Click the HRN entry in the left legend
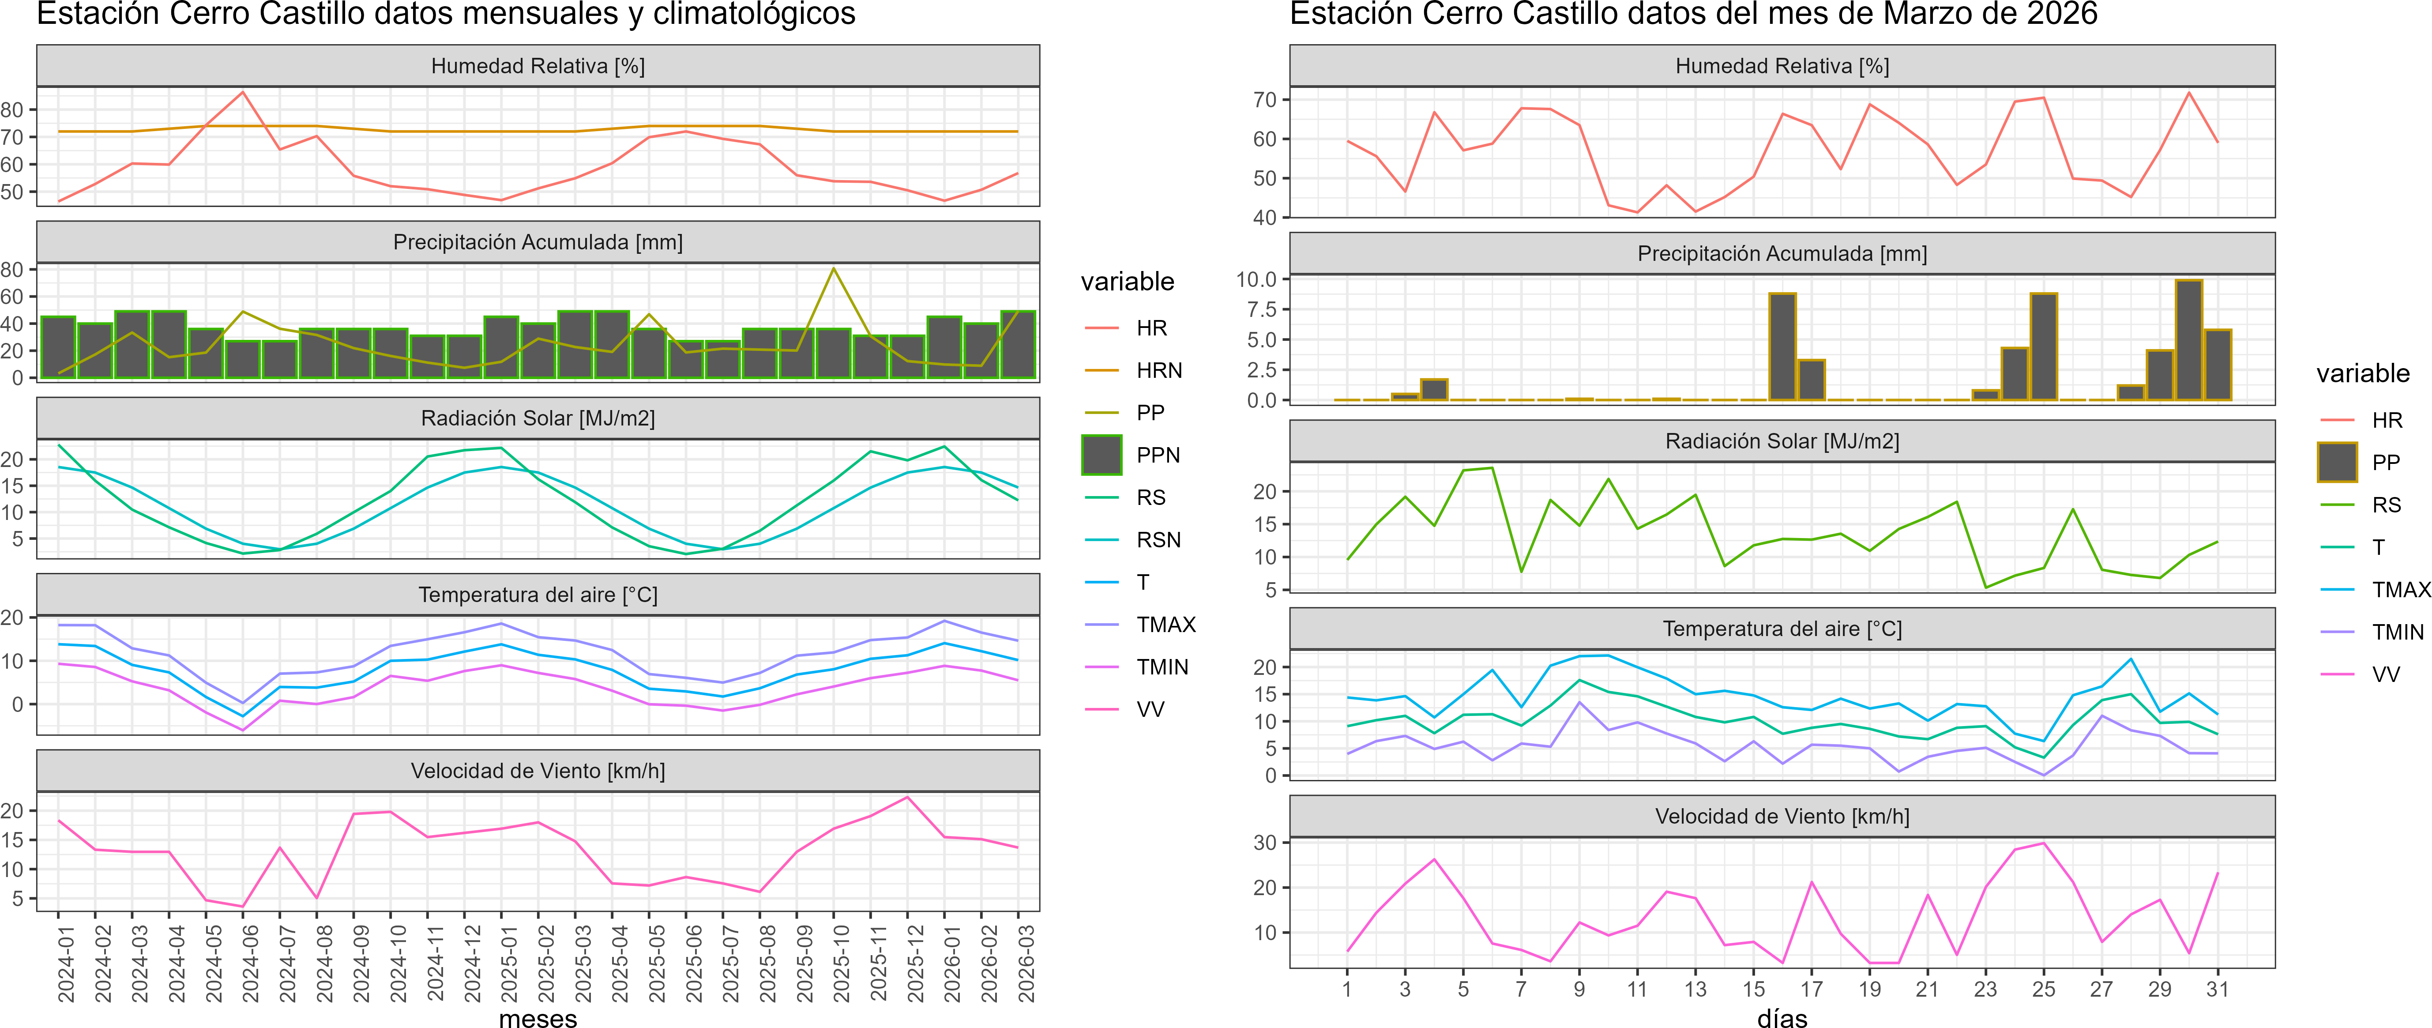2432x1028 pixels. coord(1158,370)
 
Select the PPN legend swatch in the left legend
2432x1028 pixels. coord(1102,455)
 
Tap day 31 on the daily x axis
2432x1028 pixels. coord(2218,989)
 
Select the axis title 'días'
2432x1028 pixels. coord(1782,1017)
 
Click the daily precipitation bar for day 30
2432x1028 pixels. coord(2188,340)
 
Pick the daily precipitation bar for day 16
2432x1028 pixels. coord(1782,346)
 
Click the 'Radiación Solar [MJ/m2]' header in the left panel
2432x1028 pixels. coord(538,418)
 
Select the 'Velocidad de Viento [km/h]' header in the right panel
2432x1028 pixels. coord(1782,817)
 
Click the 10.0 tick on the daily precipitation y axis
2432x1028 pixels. coord(1256,279)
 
